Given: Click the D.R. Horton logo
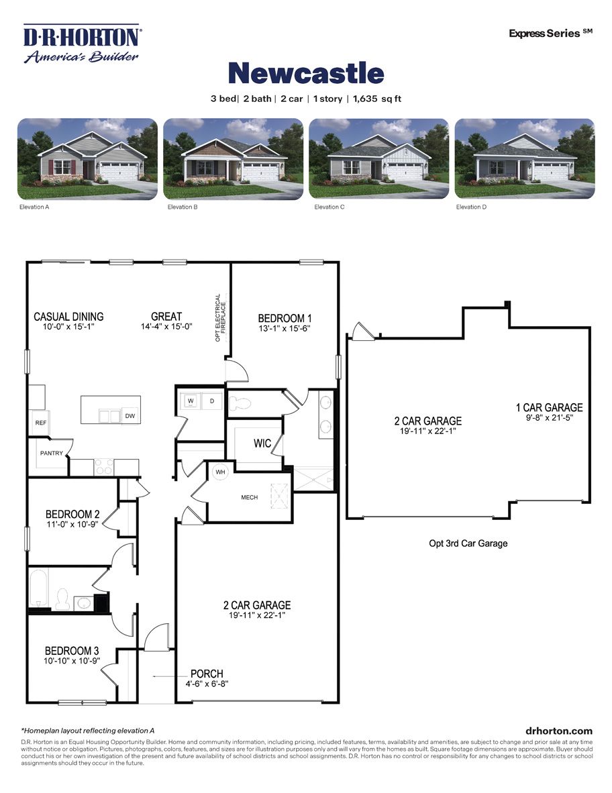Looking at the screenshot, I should click(81, 44).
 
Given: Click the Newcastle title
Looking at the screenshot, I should click(306, 72).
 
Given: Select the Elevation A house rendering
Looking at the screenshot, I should click(87, 159).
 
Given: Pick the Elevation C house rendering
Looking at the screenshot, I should click(379, 159).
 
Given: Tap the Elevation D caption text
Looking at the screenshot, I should click(472, 207).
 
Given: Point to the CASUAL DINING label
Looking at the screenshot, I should click(69, 317).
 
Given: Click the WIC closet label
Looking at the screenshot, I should click(262, 443).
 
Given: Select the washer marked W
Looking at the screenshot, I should click(191, 401).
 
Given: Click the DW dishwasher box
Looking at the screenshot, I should click(130, 416).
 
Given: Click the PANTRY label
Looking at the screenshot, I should click(51, 454).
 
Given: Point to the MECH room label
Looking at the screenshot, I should click(250, 497).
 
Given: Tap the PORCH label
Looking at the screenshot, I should click(207, 674).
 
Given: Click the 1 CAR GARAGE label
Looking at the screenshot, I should click(549, 407).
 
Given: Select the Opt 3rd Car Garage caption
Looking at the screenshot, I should click(468, 543).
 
